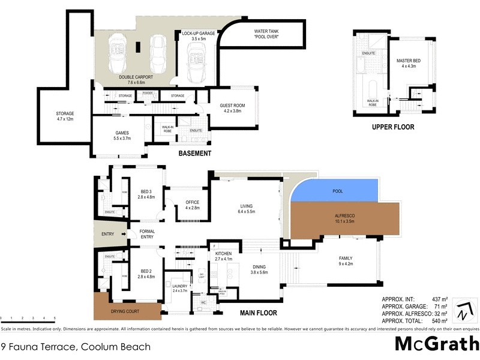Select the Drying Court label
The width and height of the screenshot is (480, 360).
coord(126,312)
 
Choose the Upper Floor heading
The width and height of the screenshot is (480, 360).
coord(393,127)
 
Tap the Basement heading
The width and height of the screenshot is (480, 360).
coord(195,154)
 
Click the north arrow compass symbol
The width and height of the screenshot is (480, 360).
coord(463,310)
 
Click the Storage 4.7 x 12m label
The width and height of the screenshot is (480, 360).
coord(65,116)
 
